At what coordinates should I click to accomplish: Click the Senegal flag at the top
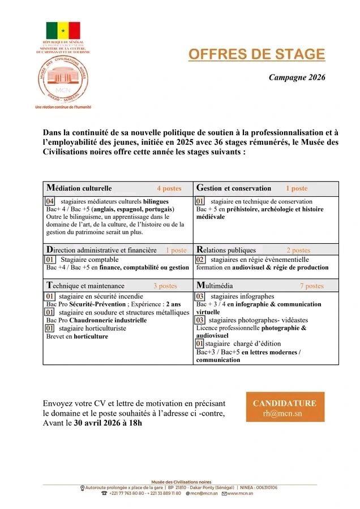(63, 30)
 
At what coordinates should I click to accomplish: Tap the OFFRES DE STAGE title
(256, 54)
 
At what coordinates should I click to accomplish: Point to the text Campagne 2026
(297, 77)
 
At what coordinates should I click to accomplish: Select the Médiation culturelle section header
(79, 188)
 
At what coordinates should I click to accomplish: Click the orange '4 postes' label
(169, 188)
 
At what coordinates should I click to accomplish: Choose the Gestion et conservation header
(234, 188)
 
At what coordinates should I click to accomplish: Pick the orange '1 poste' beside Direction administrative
(176, 250)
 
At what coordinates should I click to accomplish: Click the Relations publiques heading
(226, 250)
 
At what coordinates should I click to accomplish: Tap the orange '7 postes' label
(311, 286)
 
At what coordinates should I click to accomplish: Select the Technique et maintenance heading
(85, 286)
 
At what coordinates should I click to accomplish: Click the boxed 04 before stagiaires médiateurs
(50, 201)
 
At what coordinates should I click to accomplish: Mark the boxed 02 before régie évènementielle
(200, 260)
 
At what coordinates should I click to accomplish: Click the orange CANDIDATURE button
(285, 407)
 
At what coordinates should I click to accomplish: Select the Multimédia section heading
(215, 286)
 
